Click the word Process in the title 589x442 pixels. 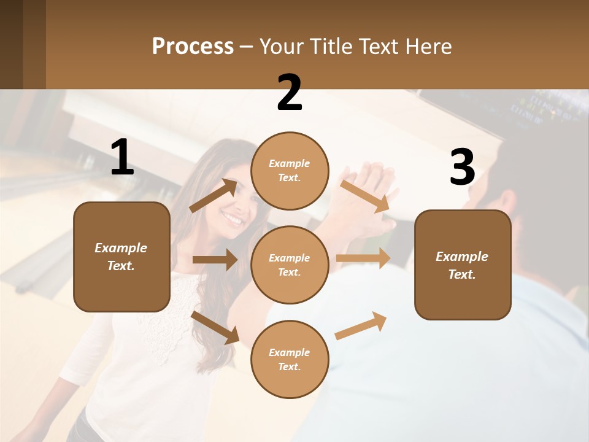coord(193,47)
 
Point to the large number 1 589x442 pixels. coord(122,158)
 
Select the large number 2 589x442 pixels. coord(290,93)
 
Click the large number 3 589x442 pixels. coord(462,167)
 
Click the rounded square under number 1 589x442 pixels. coord(121,257)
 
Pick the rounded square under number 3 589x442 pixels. coord(463,265)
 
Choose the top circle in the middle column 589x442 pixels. coord(290,171)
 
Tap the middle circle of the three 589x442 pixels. coord(290,265)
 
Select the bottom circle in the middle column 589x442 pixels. coord(290,359)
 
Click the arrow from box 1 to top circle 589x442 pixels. coord(214,196)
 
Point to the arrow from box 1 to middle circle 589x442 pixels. coord(215,260)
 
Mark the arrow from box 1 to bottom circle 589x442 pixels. coord(215,327)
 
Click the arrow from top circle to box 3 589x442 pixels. coord(366,196)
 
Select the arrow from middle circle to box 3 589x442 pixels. coord(363,258)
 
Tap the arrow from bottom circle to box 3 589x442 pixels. coord(361,326)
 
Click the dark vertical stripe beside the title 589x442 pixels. coord(34,44)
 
